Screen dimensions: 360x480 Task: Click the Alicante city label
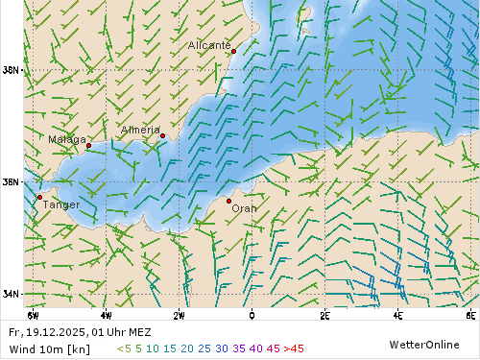(208, 45)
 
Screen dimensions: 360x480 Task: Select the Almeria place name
(140, 130)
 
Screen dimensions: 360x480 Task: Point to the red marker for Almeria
(162, 135)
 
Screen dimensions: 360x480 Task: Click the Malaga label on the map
(67, 139)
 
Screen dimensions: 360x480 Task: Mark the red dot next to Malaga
(88, 146)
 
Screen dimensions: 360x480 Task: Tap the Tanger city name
(62, 204)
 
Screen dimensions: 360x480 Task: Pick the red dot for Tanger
(39, 197)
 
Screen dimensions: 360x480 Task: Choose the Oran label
(245, 207)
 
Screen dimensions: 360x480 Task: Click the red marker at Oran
(228, 201)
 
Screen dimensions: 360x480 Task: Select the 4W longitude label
(106, 315)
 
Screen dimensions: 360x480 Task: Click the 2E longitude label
(324, 315)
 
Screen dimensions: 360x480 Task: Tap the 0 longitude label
(252, 315)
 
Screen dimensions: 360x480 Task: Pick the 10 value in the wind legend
(153, 348)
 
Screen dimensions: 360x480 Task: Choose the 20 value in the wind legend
(187, 348)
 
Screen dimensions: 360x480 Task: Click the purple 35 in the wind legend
(239, 348)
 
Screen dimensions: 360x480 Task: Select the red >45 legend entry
(292, 348)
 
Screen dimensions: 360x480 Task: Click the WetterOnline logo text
(423, 345)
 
